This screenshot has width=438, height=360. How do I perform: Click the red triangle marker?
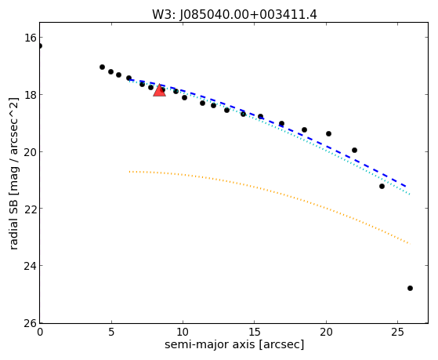[159, 90]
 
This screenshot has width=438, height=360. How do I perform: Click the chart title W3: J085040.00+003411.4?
[234, 15]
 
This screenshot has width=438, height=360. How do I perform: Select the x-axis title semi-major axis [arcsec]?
[234, 344]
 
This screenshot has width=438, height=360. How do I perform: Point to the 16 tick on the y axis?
[31, 38]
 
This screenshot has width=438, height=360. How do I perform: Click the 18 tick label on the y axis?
[31, 95]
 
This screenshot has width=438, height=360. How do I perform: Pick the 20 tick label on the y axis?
[31, 151]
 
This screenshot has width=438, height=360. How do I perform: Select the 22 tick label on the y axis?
[31, 209]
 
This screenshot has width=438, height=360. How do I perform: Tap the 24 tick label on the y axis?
[31, 266]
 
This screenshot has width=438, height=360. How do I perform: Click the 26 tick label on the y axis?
[31, 323]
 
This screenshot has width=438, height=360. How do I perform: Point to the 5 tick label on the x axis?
[111, 332]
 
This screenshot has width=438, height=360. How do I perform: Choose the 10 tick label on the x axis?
[183, 332]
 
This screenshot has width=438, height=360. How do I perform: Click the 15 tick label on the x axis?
[254, 332]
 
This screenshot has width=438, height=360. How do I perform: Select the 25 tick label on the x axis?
[397, 332]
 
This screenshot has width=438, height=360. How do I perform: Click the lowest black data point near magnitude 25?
[410, 288]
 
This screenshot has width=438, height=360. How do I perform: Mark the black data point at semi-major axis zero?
[40, 45]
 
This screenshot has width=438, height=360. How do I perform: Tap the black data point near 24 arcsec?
[382, 186]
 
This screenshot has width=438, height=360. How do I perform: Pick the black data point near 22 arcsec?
[354, 151]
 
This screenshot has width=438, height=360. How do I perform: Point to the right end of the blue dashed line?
[406, 187]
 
